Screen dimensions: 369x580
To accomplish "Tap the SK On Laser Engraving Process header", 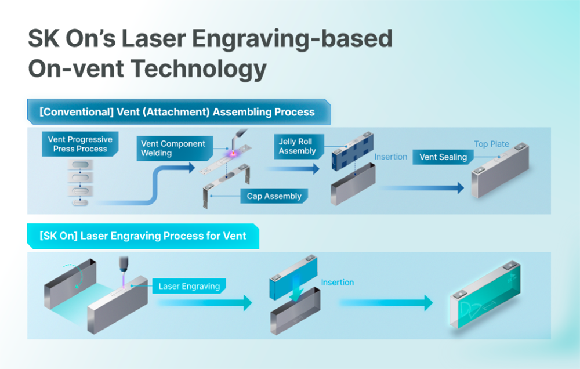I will pos(143,236).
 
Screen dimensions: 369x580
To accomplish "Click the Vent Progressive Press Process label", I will pos(80,144).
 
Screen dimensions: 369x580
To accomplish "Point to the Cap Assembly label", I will pos(274,196).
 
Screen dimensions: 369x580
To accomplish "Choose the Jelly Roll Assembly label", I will pos(297,146).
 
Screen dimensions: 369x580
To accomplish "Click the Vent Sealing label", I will pos(443,157).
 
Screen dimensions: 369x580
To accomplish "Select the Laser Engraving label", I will pos(189,286).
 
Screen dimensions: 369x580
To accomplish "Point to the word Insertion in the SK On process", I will pos(337,283).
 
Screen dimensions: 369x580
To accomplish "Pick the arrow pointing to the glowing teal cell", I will pos(386,302).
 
